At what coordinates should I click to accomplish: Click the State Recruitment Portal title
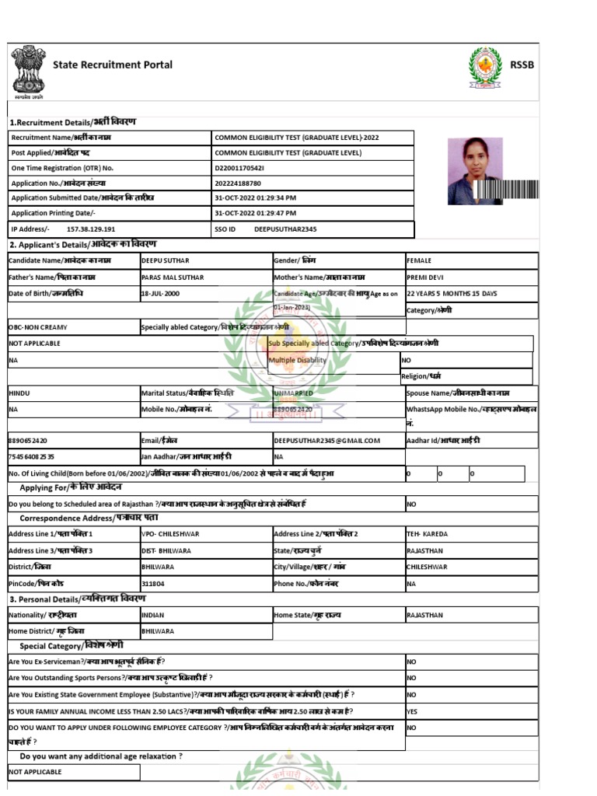click(x=112, y=65)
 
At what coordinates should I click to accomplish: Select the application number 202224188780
click(x=239, y=183)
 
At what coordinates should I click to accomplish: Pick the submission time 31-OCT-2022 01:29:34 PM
click(x=255, y=198)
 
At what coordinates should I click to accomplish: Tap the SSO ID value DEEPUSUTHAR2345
click(x=285, y=229)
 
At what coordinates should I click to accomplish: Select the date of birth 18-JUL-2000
click(x=160, y=294)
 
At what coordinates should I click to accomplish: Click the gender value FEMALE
click(x=420, y=261)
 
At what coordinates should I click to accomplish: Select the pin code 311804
click(x=153, y=583)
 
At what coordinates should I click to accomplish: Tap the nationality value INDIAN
click(x=153, y=615)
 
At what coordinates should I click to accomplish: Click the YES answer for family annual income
click(x=413, y=711)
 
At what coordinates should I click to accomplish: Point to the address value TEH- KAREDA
click(x=427, y=534)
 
